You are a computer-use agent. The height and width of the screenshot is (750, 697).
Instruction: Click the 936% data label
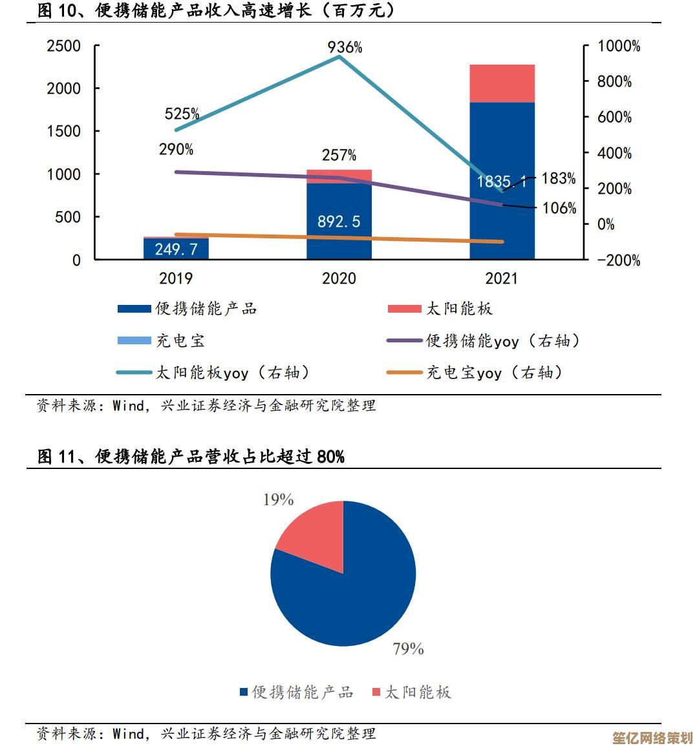[x=345, y=47]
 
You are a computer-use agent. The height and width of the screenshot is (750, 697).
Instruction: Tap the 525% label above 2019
[x=182, y=114]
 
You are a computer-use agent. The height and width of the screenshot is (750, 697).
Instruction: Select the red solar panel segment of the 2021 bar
[x=502, y=83]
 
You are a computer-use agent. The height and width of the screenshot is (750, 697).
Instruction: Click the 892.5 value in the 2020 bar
[x=339, y=222]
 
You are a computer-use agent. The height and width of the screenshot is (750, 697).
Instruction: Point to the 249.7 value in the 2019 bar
[x=176, y=249]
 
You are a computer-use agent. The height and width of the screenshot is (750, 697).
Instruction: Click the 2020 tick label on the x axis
[x=339, y=278]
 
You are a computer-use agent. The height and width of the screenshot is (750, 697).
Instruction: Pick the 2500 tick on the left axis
[x=63, y=46]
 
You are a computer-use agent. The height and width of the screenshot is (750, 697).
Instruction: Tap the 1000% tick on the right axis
[x=619, y=47]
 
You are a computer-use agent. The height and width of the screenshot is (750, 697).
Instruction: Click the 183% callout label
[x=559, y=179]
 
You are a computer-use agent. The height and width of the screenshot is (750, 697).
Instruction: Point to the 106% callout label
[x=559, y=208]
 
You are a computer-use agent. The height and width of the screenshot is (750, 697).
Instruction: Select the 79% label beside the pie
[x=408, y=649]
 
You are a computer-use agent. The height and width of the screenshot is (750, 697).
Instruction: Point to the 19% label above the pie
[x=278, y=499]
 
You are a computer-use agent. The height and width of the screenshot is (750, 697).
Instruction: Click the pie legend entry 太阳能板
[x=418, y=693]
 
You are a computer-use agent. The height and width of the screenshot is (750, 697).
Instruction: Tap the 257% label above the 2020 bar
[x=339, y=156]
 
